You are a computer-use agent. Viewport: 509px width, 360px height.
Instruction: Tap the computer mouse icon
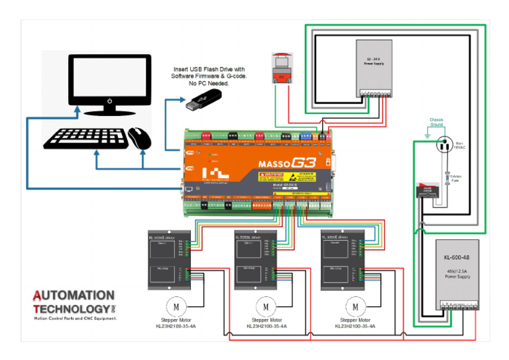(x=140, y=138)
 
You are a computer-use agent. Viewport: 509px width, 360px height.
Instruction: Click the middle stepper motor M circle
(x=265, y=306)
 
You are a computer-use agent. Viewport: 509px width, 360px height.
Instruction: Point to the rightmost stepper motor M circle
(x=355, y=306)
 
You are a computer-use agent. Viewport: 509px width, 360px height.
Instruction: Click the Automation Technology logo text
(x=74, y=302)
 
